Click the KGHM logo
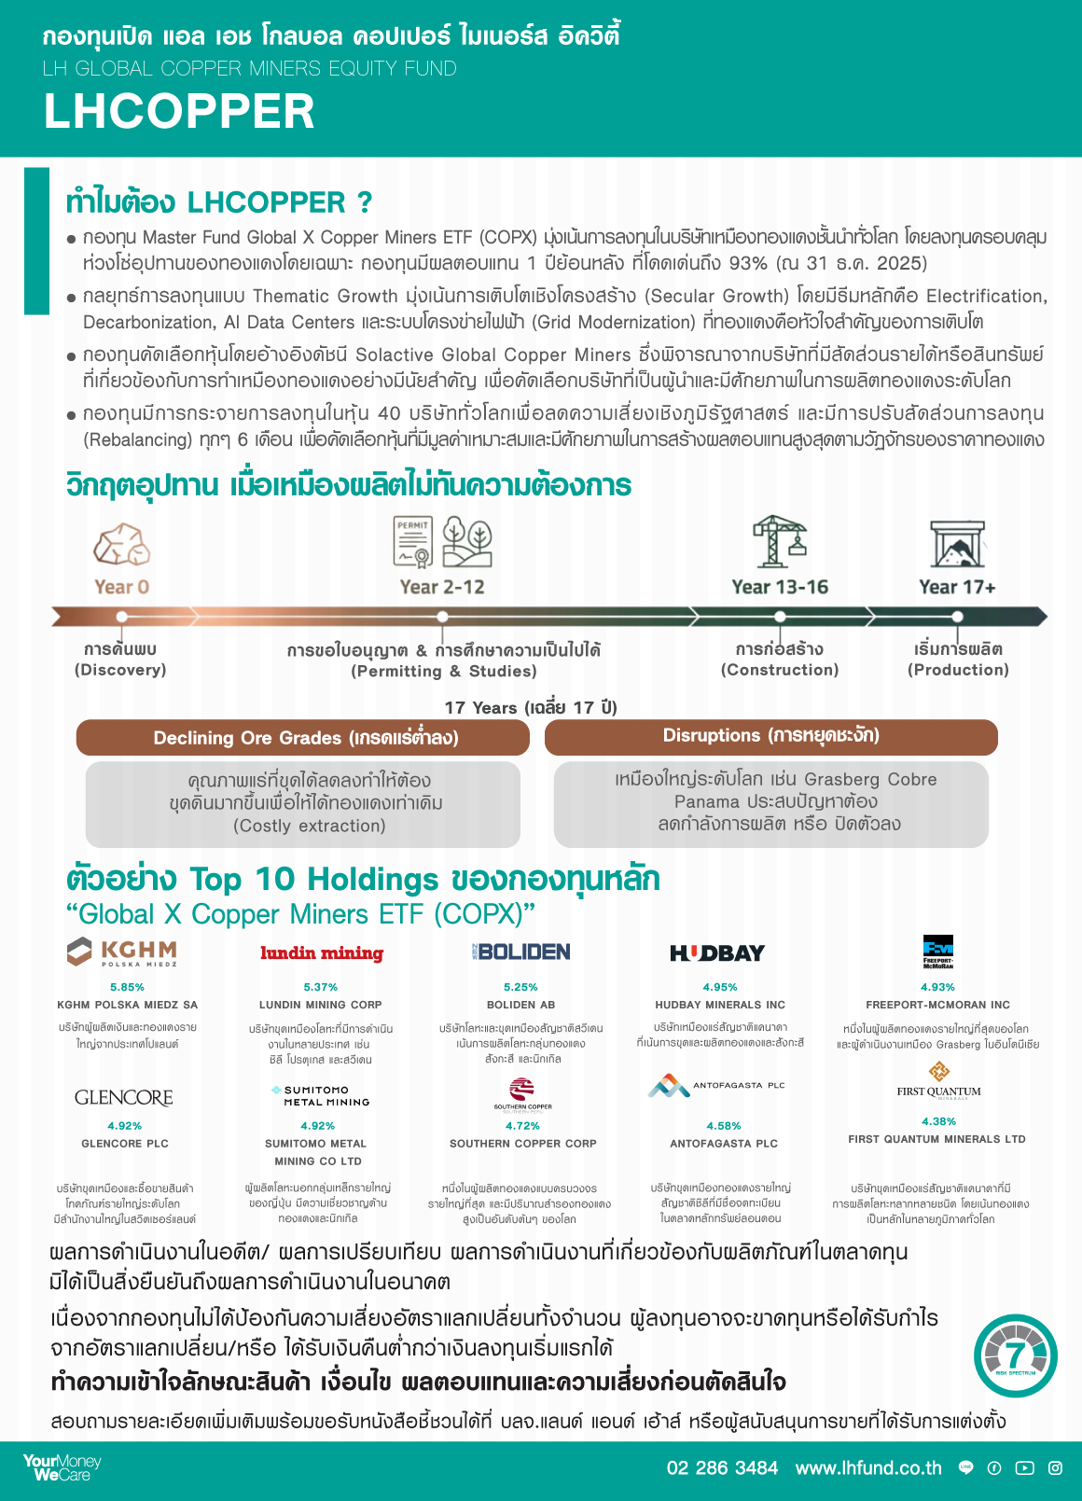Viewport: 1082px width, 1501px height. pyautogui.click(x=122, y=952)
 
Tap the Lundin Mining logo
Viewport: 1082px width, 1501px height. pyautogui.click(x=322, y=952)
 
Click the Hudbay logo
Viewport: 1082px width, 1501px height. pyautogui.click(x=717, y=952)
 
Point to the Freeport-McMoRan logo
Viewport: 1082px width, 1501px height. pyautogui.click(x=937, y=952)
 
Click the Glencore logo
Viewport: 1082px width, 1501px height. pyautogui.click(x=124, y=1098)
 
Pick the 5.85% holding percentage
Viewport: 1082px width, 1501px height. pyautogui.click(x=127, y=987)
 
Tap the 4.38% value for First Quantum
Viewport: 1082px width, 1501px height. pyautogui.click(x=938, y=1121)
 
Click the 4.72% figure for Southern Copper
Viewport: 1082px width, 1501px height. pyautogui.click(x=522, y=1126)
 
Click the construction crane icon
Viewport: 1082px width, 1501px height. pyautogui.click(x=780, y=541)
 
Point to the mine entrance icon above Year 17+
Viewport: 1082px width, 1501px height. pyautogui.click(x=957, y=544)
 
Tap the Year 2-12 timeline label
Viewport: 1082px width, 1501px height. pyautogui.click(x=442, y=587)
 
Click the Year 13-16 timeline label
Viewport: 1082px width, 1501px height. pyautogui.click(x=780, y=587)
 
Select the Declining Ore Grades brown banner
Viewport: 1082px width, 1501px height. pyautogui.click(x=303, y=738)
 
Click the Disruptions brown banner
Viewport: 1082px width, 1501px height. pyautogui.click(x=770, y=736)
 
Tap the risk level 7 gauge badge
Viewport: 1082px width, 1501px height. pyautogui.click(x=1016, y=1356)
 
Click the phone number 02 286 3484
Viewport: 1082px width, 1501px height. pyautogui.click(x=722, y=1468)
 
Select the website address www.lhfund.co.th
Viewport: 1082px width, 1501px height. pyautogui.click(x=868, y=1468)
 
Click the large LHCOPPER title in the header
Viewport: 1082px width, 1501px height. pyautogui.click(x=179, y=111)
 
